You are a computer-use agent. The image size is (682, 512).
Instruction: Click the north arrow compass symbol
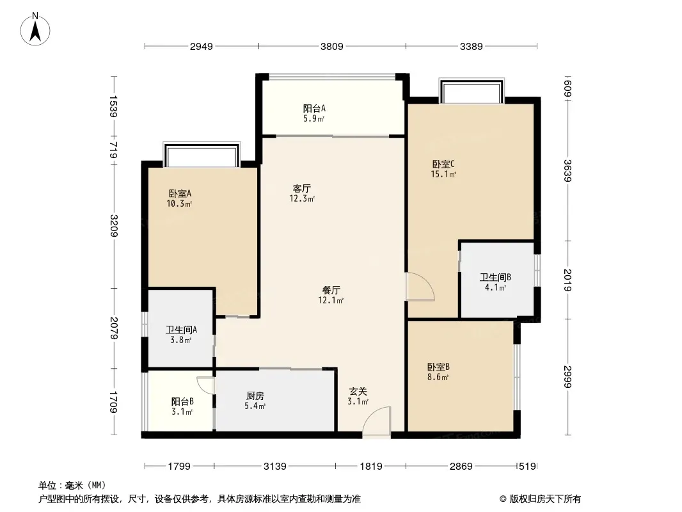point(35,29)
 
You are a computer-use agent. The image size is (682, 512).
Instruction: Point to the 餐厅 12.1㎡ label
point(331,295)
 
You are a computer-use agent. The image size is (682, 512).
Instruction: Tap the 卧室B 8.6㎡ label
point(438,372)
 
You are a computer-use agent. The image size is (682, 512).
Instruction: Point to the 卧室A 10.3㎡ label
point(180,198)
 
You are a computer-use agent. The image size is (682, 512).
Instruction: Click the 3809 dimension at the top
point(332,46)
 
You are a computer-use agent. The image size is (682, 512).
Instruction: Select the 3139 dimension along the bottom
point(275,467)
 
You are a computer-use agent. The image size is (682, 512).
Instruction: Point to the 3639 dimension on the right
point(567,170)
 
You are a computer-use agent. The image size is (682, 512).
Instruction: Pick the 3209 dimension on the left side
point(114,226)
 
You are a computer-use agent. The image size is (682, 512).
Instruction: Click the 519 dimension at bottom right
point(528,467)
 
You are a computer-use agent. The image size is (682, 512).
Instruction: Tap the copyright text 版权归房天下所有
point(545,499)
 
